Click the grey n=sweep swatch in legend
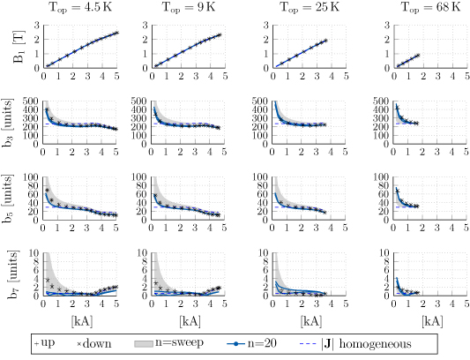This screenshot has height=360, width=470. click(x=149, y=344)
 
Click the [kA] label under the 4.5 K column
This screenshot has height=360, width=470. click(x=79, y=323)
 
